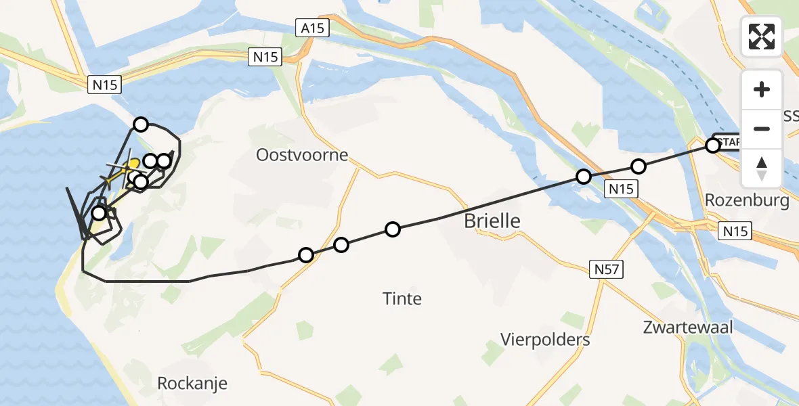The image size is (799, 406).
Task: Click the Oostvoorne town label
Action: (x=302, y=155)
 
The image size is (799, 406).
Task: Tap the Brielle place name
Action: (x=492, y=221)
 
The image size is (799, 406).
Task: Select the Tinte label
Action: (x=402, y=298)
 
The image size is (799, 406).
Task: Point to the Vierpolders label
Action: (x=545, y=339)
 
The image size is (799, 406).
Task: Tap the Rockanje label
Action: (x=192, y=383)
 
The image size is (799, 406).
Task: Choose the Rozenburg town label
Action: (x=747, y=200)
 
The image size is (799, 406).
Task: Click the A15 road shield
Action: (x=312, y=28)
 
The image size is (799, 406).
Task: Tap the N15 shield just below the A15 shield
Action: (x=264, y=57)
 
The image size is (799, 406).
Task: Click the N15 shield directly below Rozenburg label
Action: (x=735, y=231)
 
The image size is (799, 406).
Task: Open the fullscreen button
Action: (x=762, y=37)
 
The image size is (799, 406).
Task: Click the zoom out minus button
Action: (x=762, y=129)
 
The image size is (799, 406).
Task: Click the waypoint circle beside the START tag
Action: (x=712, y=145)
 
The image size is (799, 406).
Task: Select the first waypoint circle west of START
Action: (x=639, y=166)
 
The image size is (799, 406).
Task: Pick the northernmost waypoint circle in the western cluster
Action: (x=141, y=124)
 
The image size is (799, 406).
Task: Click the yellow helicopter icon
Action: (x=133, y=164)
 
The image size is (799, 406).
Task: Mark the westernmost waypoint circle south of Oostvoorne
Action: (x=306, y=254)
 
